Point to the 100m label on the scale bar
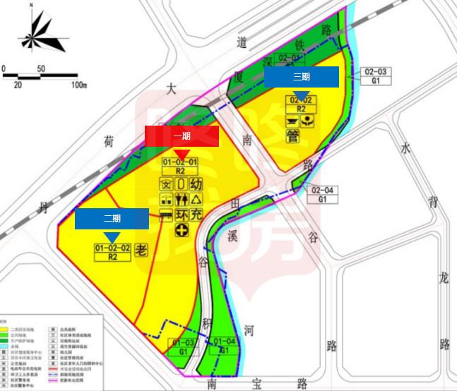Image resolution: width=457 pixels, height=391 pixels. tap(78, 85)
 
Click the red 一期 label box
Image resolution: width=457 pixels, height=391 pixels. tap(182, 136)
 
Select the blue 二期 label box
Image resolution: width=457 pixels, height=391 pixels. tap(112, 219)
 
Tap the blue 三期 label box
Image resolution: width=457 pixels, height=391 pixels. tap(302, 76)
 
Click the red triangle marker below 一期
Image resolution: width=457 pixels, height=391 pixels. tap(182, 153)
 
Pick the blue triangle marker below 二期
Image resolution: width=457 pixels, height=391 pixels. tap(112, 237)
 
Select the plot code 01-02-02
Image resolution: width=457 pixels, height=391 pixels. tap(112, 248)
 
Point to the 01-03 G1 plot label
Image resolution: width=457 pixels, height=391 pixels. tap(182, 347)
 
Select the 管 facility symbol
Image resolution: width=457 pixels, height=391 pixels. tap(293, 135)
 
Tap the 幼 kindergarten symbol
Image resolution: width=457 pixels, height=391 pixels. tap(197, 184)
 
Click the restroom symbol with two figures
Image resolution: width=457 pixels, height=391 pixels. tap(182, 199)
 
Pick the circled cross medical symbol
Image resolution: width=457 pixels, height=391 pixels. tap(182, 230)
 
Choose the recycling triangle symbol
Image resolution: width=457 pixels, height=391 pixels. tap(197, 199)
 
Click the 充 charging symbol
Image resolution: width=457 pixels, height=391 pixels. tap(197, 215)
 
